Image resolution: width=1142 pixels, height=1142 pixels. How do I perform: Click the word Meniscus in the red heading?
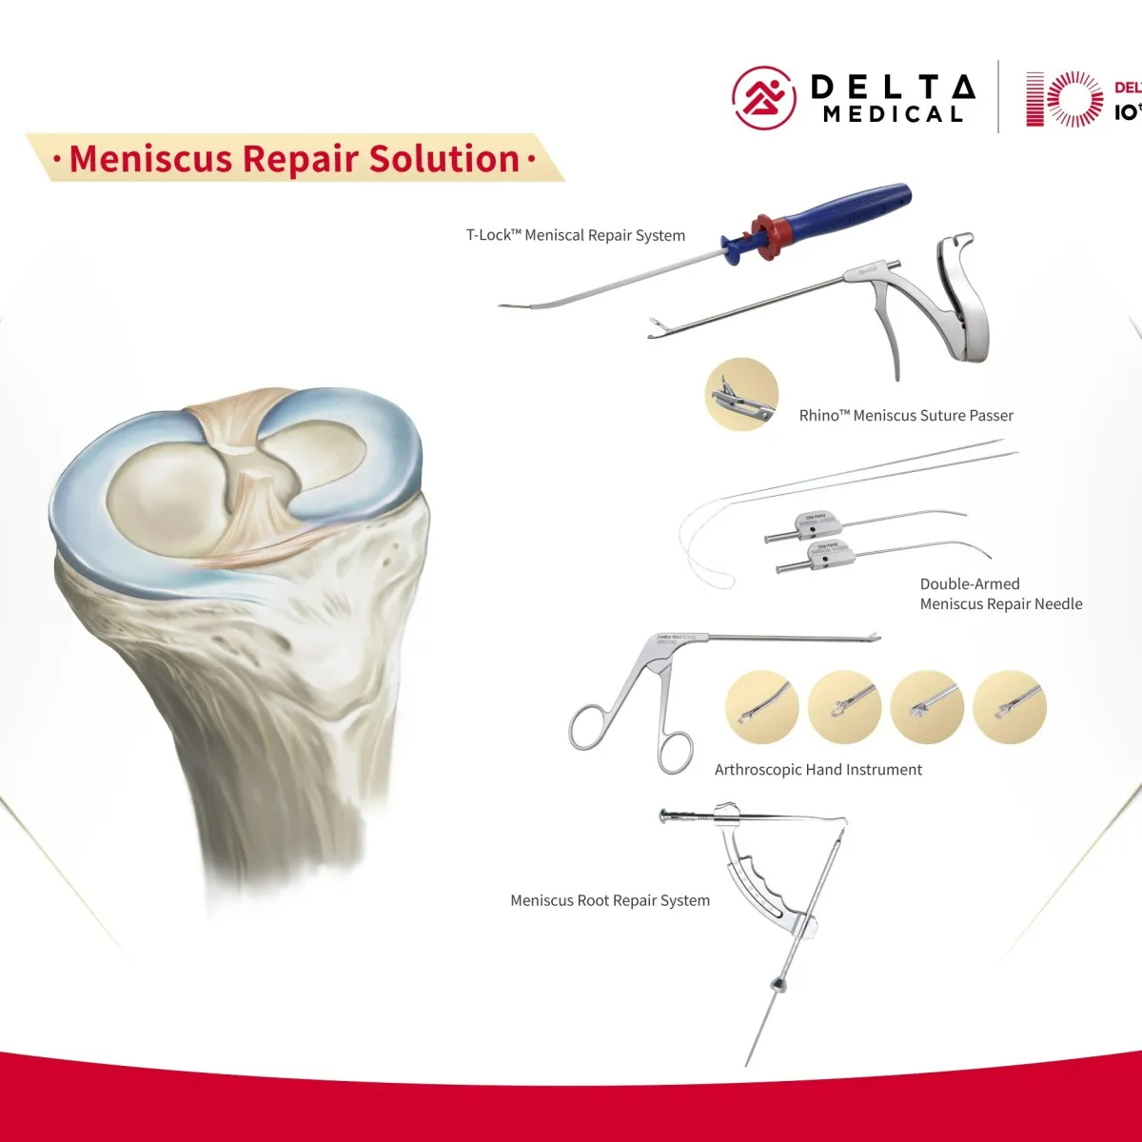click(149, 159)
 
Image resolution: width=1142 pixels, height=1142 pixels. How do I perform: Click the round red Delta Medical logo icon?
click(763, 97)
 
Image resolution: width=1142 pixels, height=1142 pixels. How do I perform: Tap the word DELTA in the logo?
click(892, 87)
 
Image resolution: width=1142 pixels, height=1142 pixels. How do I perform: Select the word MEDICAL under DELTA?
click(893, 115)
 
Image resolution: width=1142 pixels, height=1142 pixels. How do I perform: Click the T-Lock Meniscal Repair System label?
click(575, 235)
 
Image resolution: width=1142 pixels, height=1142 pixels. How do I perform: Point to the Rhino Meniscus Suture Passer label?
click(906, 415)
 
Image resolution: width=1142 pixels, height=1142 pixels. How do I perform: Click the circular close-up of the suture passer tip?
click(742, 394)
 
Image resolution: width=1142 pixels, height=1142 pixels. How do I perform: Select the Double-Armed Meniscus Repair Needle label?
click(1000, 594)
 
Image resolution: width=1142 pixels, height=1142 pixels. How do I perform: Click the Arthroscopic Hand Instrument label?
click(818, 769)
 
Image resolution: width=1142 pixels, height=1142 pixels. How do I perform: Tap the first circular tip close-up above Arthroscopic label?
click(761, 707)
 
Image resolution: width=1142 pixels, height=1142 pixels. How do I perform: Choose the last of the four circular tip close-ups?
click(1010, 707)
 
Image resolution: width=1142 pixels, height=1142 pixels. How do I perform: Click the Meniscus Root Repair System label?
click(610, 900)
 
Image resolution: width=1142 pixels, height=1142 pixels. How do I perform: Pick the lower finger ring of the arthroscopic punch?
click(675, 751)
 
